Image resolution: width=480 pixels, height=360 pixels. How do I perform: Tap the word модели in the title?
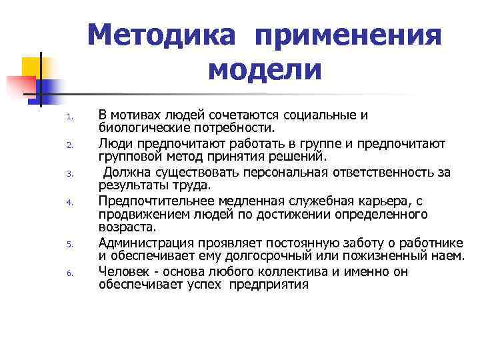(x=265, y=69)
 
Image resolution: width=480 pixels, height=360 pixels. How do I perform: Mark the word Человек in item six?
(x=123, y=272)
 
